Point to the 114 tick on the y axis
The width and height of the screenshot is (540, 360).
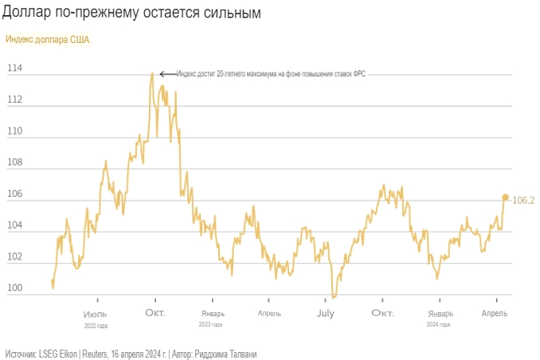click(14, 68)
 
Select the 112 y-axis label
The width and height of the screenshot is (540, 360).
click(14, 100)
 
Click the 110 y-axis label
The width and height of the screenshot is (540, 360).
click(14, 131)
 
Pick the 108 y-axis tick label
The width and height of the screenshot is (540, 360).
click(14, 163)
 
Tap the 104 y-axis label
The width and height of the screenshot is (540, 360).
click(14, 226)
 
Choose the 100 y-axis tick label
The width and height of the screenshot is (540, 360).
click(14, 289)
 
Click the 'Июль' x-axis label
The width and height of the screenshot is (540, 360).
click(96, 313)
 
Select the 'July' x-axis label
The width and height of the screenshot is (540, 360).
click(325, 313)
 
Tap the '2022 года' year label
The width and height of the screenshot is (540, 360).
click(96, 325)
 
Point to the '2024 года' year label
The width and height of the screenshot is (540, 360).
click(439, 324)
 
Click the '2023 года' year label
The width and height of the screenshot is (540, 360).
click(211, 324)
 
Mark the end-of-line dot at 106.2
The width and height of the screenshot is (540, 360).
click(505, 197)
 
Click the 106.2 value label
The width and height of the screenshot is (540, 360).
click(522, 201)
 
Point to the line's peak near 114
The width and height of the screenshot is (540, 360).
click(151, 74)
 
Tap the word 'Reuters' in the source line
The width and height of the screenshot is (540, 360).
click(96, 353)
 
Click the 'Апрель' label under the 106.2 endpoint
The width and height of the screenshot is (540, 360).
click(496, 313)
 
